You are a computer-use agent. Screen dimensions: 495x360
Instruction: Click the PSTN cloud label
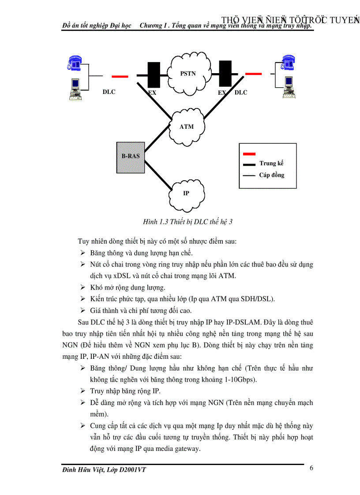[x=188, y=74]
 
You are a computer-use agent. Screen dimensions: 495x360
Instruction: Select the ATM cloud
[x=187, y=127]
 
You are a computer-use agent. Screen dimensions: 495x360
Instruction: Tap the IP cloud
[x=186, y=193]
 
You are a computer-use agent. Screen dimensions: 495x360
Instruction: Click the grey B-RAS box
[x=131, y=157]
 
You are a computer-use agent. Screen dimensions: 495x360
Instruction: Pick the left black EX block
[x=154, y=75]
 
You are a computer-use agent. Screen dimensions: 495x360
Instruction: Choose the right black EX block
[x=225, y=73]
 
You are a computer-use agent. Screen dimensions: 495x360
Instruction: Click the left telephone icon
[x=74, y=63]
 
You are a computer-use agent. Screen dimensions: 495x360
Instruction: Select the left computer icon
[x=74, y=88]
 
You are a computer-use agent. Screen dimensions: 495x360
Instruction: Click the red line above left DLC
[x=120, y=77]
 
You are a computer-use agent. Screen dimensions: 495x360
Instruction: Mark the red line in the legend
[x=249, y=154]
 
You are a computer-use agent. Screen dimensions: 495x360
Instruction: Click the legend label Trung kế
[x=271, y=164]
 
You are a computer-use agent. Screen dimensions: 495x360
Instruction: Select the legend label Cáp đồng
[x=272, y=175]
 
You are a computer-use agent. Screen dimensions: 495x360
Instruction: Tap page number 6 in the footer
[x=311, y=468]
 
